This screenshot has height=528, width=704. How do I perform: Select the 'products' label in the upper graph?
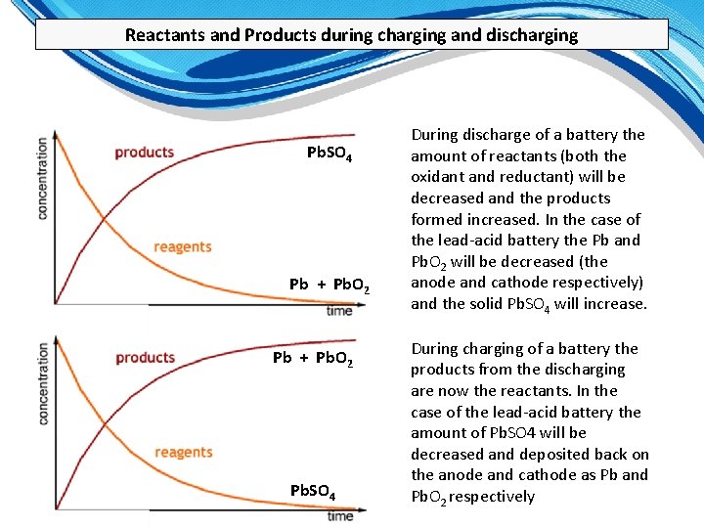144,152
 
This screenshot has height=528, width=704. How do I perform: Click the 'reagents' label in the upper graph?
183,246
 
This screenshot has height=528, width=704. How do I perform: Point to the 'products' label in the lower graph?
145,357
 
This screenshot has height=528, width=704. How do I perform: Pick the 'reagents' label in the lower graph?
183,452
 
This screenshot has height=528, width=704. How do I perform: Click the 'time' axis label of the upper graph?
339,311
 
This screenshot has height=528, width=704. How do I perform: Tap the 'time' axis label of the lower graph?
340,515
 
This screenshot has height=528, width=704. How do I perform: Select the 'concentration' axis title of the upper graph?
43,178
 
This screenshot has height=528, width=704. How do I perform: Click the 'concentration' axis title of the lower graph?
43,382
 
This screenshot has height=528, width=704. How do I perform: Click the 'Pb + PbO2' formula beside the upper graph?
330,285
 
